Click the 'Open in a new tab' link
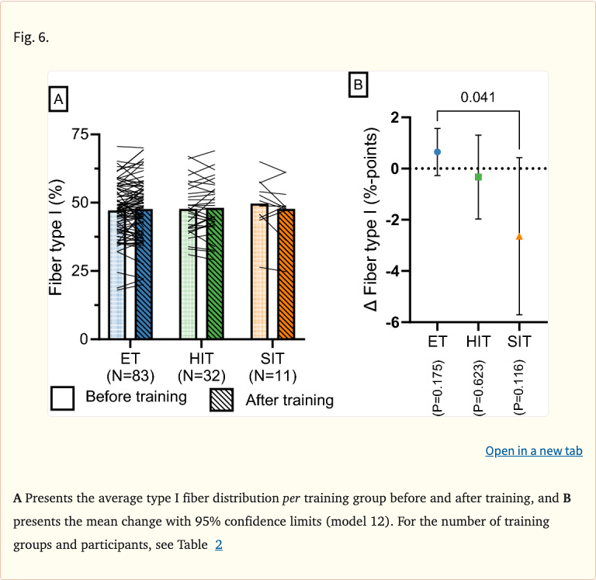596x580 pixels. pos(533,451)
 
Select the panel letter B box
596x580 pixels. pos(358,84)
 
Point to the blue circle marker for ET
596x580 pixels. pos(438,152)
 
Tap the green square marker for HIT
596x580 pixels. pos(478,177)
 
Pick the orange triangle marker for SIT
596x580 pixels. pos(519,236)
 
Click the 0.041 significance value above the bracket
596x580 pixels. pos(477,97)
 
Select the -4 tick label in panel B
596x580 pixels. pos(393,271)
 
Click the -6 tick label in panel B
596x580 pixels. pos(393,322)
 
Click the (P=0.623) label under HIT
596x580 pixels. pos(478,388)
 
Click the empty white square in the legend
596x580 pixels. pos(62,398)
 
